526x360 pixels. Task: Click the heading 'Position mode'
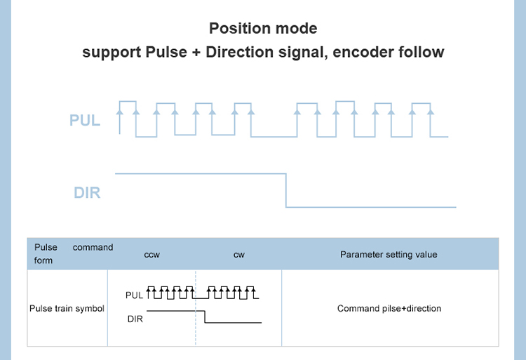pyautogui.click(x=263, y=29)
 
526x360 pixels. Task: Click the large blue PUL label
pyautogui.click(x=85, y=121)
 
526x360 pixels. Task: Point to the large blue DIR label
pyautogui.click(x=87, y=192)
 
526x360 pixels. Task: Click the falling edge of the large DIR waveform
pyautogui.click(x=286, y=189)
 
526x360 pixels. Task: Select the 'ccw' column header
pyautogui.click(x=152, y=254)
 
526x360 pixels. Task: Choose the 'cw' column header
pyautogui.click(x=238, y=254)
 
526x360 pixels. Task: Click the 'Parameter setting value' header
pyautogui.click(x=389, y=254)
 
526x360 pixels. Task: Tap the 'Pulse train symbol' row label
pyautogui.click(x=67, y=309)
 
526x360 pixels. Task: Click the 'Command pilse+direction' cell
pyautogui.click(x=389, y=309)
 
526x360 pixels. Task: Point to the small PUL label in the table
pyautogui.click(x=134, y=295)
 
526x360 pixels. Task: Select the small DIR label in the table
pyautogui.click(x=135, y=319)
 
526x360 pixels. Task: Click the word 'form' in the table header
pyautogui.click(x=43, y=260)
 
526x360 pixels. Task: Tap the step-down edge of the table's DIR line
pyautogui.click(x=205, y=316)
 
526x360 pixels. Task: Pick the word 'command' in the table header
pyautogui.click(x=93, y=248)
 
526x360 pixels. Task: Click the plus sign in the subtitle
pyautogui.click(x=196, y=52)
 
